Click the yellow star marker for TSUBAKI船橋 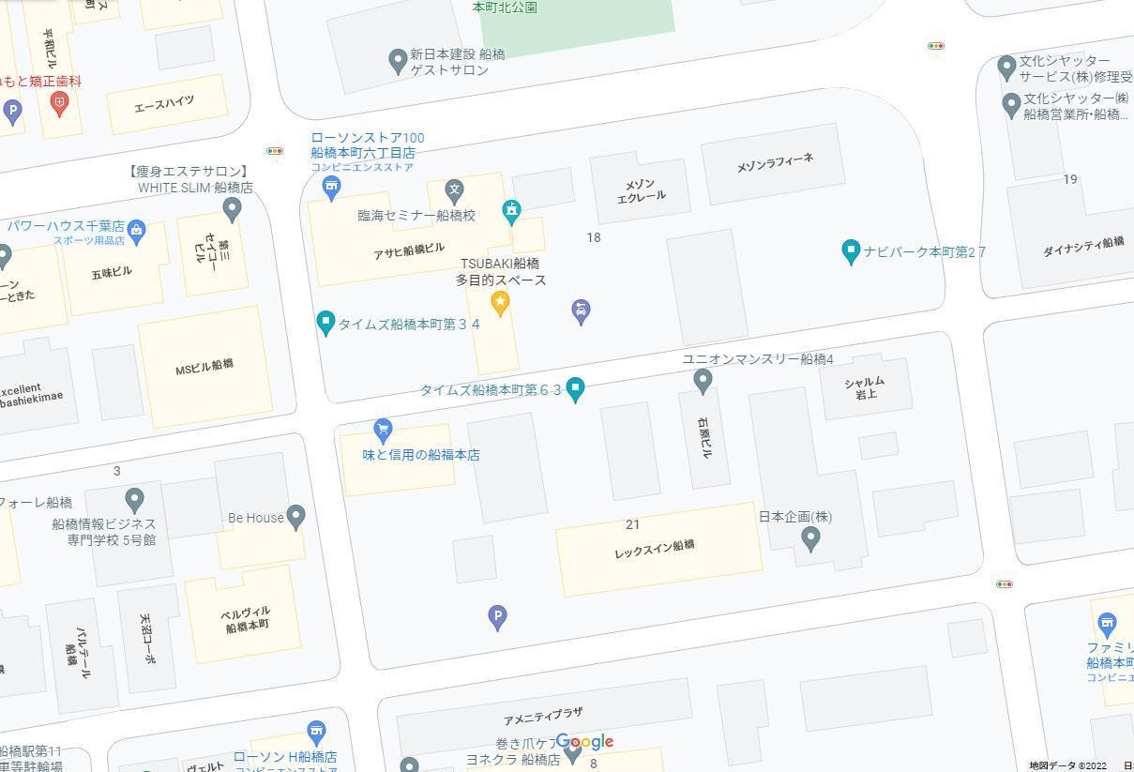coord(500,302)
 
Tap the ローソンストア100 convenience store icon coord(331,188)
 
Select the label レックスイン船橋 coord(655,549)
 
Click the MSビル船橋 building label coord(204,368)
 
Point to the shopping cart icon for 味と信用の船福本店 coord(383,430)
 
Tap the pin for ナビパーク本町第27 coord(851,250)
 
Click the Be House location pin coord(296,516)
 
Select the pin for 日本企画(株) coord(811,537)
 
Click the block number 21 coord(632,524)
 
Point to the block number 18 coord(593,237)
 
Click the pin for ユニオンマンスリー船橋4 coord(703,380)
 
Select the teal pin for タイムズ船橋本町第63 coord(576,388)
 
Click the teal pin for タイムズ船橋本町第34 coord(325,323)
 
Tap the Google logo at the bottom coord(584,742)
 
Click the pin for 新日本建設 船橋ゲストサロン coord(398,61)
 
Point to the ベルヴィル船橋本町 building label coord(246,619)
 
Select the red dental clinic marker coord(60,103)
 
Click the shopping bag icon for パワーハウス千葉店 coord(137,230)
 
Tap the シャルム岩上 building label coord(864,387)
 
